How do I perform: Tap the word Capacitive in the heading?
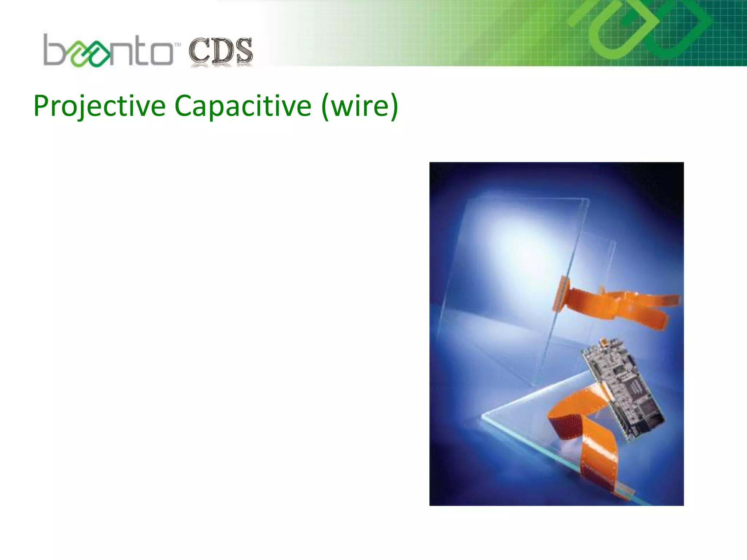(243, 106)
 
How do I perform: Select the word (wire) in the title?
(360, 106)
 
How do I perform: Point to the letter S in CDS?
(243, 51)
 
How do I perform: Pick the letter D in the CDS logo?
(221, 51)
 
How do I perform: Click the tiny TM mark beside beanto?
(178, 45)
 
